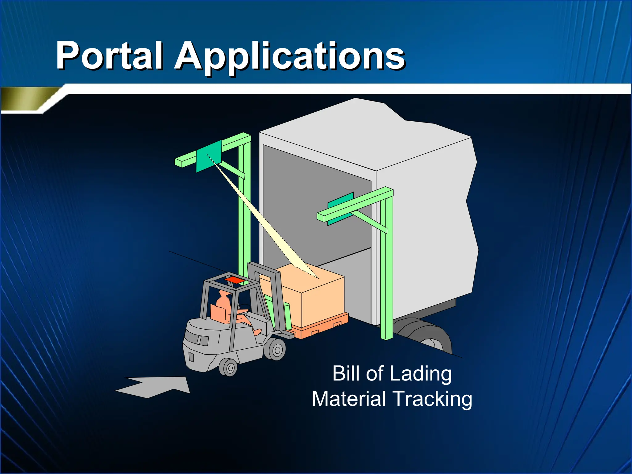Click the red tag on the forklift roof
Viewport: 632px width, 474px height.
pyautogui.click(x=235, y=280)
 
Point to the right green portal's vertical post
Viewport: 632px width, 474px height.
pyautogui.click(x=386, y=272)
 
